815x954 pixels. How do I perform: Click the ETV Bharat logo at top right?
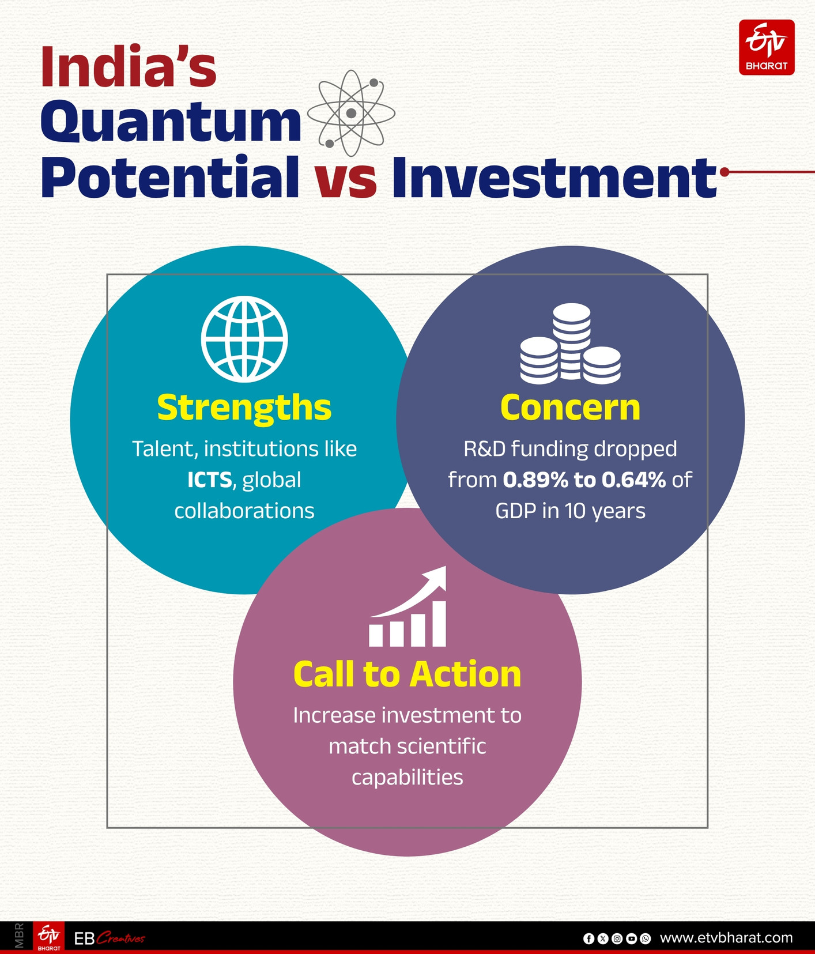(767, 47)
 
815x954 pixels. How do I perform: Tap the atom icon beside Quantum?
(351, 113)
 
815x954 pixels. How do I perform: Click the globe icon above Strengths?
(244, 339)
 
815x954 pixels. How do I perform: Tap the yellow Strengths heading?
(244, 408)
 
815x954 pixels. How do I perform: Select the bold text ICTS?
(209, 480)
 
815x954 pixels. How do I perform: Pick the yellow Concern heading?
(570, 408)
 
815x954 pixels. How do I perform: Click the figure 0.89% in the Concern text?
(535, 480)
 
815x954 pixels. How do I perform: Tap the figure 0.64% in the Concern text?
(634, 480)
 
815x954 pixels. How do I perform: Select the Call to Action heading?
(407, 674)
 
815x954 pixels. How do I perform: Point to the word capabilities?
(407, 778)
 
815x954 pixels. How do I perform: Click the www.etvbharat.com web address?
(726, 938)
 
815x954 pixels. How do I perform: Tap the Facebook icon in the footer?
(588, 939)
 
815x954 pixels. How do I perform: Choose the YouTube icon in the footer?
(631, 939)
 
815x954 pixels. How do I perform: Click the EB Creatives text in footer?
(110, 939)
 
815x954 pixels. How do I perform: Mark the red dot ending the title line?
(725, 172)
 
